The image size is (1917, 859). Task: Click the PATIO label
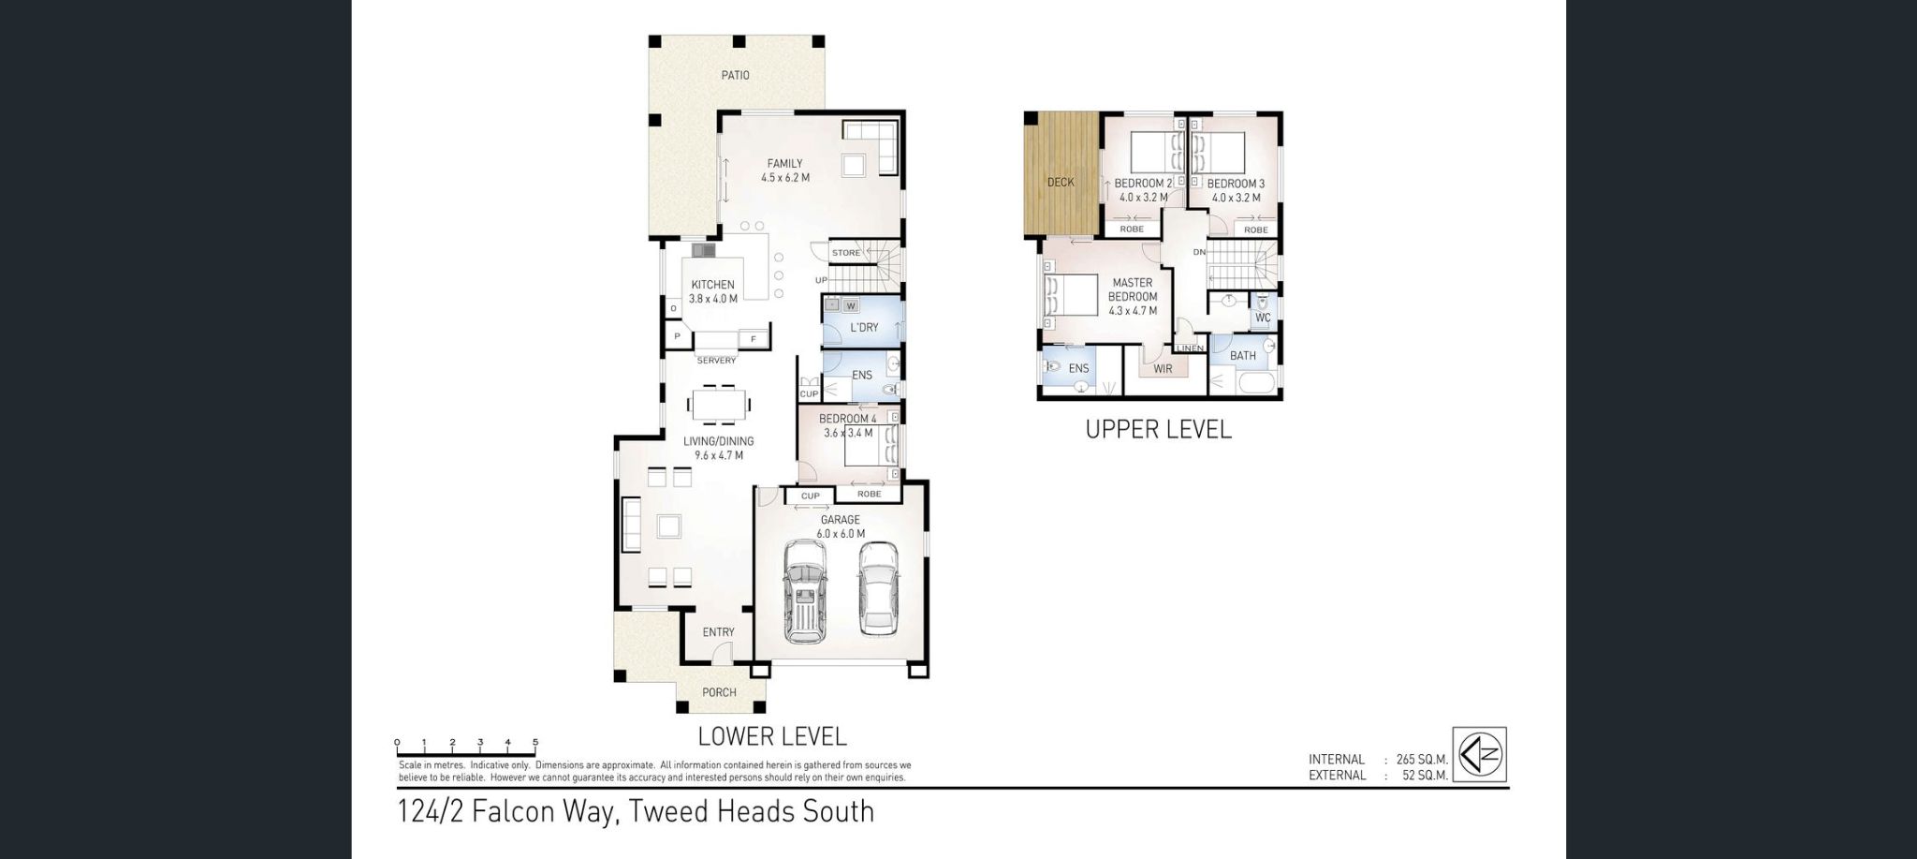click(x=735, y=75)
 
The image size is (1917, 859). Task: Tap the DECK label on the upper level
click(x=1061, y=182)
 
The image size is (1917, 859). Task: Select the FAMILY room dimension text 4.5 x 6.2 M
click(x=784, y=177)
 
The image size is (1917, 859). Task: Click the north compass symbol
click(x=1479, y=754)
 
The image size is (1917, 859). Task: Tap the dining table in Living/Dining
click(x=718, y=407)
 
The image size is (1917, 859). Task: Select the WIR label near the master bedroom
click(x=1163, y=369)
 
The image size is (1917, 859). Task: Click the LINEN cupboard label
click(x=1190, y=348)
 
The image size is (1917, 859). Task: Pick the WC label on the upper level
click(x=1263, y=318)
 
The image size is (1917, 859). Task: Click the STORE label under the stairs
click(x=845, y=253)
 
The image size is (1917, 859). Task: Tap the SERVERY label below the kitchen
click(x=716, y=360)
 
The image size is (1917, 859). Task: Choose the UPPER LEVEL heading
click(x=1158, y=429)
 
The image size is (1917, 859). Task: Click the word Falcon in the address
click(x=514, y=810)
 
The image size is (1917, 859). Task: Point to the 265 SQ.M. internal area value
click(x=1422, y=760)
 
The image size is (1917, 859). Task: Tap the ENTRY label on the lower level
click(x=718, y=632)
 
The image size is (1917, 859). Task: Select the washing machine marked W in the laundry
click(x=851, y=305)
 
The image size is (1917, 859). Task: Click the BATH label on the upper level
click(x=1242, y=356)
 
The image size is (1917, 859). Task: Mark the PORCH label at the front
click(x=718, y=692)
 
